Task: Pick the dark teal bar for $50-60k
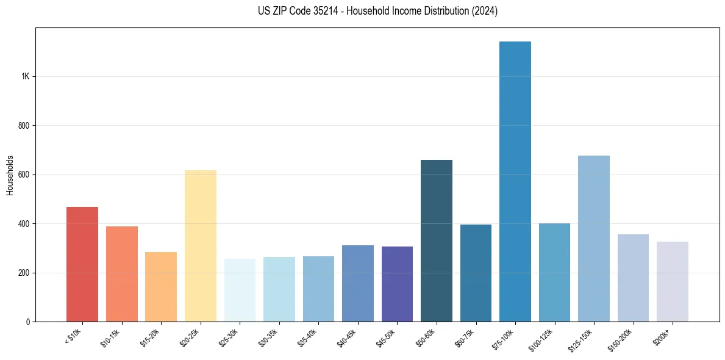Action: coord(437,240)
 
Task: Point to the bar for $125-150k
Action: coord(594,239)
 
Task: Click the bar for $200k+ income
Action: coord(673,281)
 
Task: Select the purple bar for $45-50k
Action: coord(397,284)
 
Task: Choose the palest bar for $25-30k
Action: coord(240,290)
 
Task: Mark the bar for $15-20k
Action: coord(161,287)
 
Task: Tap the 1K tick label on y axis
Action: coord(25,77)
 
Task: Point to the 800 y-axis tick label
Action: coord(24,126)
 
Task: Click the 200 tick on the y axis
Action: coord(24,273)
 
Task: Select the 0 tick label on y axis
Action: coord(28,322)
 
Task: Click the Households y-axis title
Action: coord(10,175)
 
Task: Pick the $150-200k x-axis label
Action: coord(623,339)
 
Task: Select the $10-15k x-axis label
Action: coord(113,337)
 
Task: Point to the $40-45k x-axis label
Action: coord(349,337)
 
